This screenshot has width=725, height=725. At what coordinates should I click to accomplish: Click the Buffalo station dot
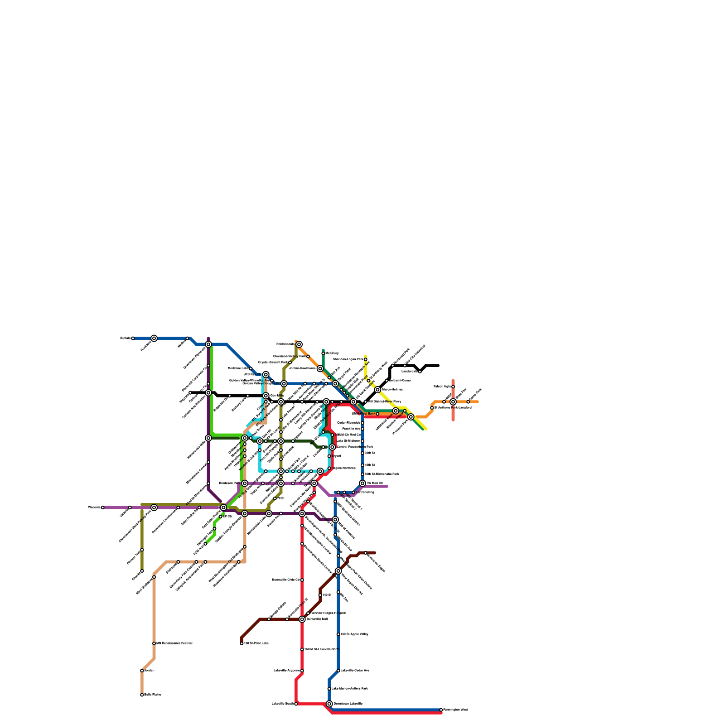click(133, 338)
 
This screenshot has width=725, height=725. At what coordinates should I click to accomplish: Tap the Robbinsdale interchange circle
click(299, 344)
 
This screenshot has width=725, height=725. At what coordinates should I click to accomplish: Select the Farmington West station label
click(455, 710)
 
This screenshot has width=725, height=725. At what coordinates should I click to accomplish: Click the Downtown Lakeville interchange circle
click(329, 704)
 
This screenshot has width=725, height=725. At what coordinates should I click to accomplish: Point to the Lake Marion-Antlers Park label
click(350, 688)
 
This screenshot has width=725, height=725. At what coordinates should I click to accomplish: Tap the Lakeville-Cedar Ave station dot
click(338, 671)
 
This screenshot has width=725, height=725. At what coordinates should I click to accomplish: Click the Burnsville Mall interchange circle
click(302, 619)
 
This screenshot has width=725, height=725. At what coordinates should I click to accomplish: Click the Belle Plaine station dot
click(142, 695)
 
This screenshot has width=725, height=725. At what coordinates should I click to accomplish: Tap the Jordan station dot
click(142, 671)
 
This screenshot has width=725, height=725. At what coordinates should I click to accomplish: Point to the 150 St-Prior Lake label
click(256, 643)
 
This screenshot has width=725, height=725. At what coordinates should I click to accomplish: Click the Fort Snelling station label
click(365, 492)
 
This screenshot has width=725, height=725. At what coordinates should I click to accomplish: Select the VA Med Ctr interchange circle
click(362, 483)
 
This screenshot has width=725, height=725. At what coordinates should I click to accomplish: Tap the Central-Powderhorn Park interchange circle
click(332, 447)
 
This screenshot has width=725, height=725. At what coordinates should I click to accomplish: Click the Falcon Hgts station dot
click(453, 387)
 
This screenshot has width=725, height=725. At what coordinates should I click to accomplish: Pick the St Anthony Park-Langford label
click(453, 407)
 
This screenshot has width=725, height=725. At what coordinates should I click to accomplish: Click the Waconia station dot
click(103, 507)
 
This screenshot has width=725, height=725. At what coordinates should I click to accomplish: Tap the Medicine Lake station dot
click(251, 368)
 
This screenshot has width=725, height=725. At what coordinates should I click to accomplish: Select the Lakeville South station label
click(282, 704)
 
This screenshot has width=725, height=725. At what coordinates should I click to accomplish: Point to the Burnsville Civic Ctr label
click(285, 580)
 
